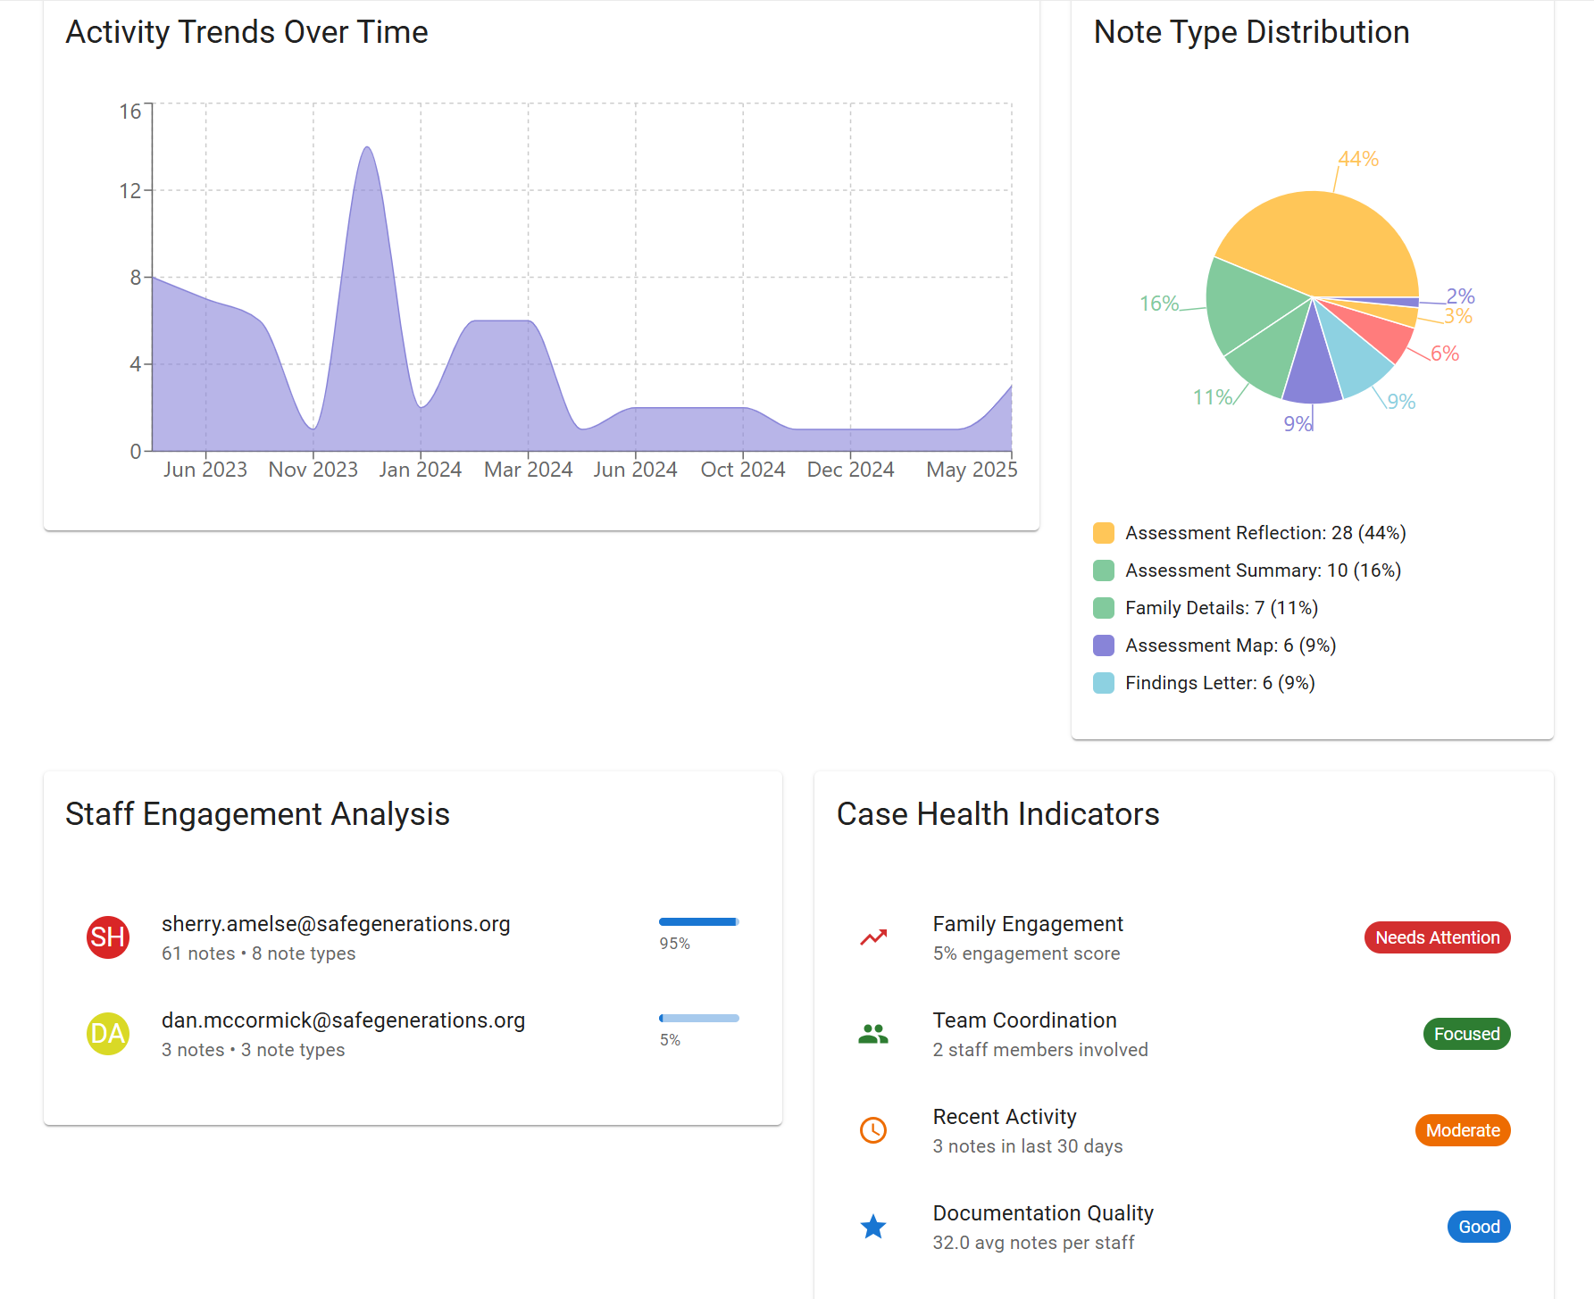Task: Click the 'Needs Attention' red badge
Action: point(1437,937)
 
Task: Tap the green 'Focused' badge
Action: point(1466,1034)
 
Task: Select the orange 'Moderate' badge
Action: point(1462,1130)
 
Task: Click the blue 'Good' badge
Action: point(1479,1227)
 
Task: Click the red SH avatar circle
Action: point(108,937)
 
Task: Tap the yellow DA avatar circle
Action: point(108,1034)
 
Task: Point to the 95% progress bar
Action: point(698,921)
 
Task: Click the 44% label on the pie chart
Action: point(1358,159)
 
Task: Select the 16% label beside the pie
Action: point(1159,304)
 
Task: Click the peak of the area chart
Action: point(367,148)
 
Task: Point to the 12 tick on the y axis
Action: point(130,190)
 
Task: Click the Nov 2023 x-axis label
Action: point(313,470)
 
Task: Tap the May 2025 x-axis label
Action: point(971,470)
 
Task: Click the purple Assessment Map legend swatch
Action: point(1104,645)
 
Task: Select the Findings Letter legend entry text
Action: point(1220,683)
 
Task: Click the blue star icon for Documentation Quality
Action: point(873,1227)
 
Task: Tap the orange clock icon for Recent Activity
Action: point(873,1130)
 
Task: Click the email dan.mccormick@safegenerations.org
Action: point(343,1020)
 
